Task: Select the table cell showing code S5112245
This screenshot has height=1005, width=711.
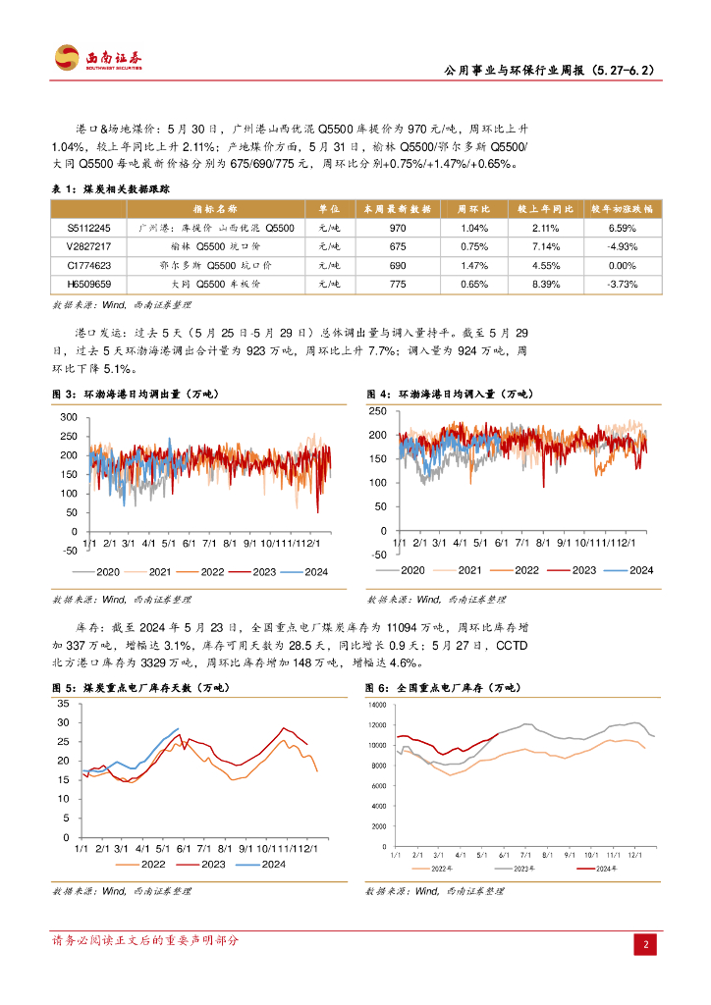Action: tap(88, 228)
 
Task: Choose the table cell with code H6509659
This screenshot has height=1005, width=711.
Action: tap(88, 284)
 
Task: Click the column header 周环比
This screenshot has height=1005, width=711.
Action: tap(473, 209)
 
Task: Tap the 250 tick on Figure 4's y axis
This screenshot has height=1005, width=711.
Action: tap(378, 409)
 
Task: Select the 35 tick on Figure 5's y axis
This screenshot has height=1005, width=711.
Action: tap(63, 706)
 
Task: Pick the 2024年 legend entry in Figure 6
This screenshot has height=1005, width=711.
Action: tap(600, 869)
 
